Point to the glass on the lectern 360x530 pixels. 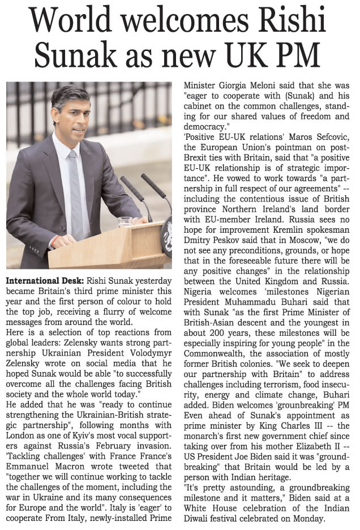(125, 221)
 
